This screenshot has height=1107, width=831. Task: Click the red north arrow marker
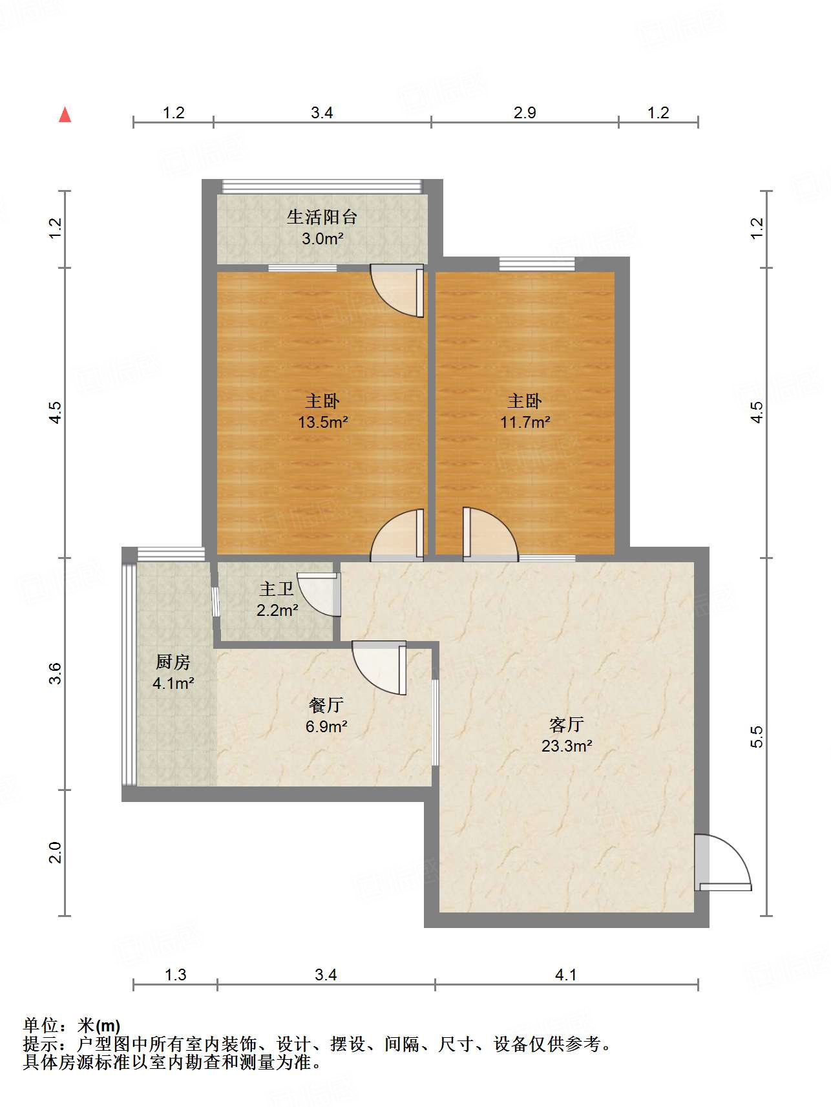(x=65, y=115)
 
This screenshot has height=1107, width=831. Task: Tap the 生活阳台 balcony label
(x=322, y=216)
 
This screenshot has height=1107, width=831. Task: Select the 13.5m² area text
(x=322, y=423)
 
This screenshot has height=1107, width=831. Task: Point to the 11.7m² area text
(x=525, y=423)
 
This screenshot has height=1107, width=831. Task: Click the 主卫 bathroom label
(x=277, y=589)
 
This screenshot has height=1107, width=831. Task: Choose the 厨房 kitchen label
(x=173, y=662)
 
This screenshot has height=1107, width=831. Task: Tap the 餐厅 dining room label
(x=326, y=705)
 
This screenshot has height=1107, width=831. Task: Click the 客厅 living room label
(x=567, y=724)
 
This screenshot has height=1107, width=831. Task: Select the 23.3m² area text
(x=567, y=746)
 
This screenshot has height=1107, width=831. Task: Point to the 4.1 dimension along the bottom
(x=565, y=975)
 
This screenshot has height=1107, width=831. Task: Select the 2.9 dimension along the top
(x=525, y=113)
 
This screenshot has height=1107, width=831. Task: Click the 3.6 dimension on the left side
(x=56, y=673)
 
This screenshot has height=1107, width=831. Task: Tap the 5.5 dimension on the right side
(x=757, y=737)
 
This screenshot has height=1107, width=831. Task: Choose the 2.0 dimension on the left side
(x=56, y=852)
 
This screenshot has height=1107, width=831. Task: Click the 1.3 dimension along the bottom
(x=175, y=975)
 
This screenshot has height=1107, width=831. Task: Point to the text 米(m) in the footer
(x=99, y=1026)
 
